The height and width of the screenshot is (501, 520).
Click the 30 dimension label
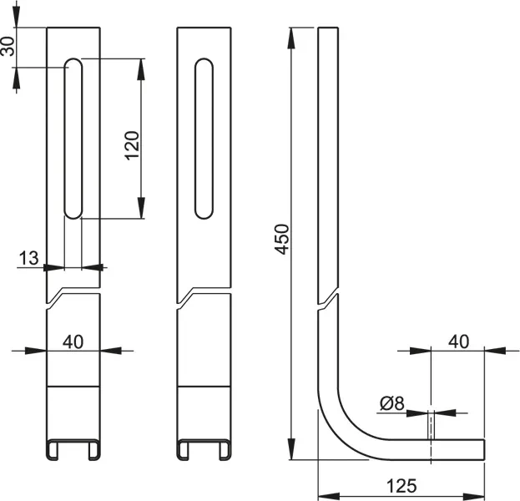(8, 46)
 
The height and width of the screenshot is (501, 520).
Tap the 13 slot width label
(28, 258)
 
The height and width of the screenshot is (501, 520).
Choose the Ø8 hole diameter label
(392, 404)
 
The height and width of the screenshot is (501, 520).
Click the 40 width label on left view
(73, 342)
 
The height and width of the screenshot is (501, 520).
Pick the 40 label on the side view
(459, 342)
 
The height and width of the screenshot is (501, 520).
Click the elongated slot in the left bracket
(73, 139)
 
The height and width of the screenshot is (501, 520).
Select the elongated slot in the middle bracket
(204, 139)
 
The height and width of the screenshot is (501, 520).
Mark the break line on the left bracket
(73, 297)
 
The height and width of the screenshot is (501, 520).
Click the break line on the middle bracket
(204, 297)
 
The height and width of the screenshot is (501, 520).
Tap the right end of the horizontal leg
(484, 450)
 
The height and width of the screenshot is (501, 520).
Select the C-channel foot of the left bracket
(73, 449)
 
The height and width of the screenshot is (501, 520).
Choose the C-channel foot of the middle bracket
(204, 449)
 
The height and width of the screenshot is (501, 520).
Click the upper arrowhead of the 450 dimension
(291, 38)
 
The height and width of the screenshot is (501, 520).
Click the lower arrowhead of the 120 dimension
(141, 208)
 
